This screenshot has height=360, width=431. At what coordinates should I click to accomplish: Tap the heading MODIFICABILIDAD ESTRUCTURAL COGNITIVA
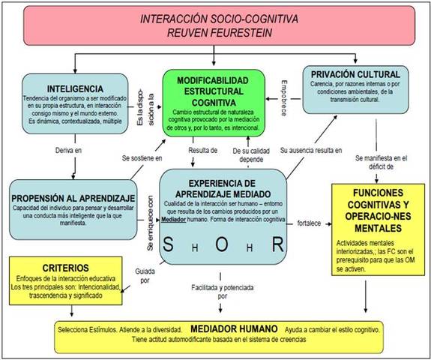(212, 91)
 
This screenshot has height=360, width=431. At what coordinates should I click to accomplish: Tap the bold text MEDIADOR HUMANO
(235, 328)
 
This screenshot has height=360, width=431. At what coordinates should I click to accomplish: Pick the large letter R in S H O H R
(277, 244)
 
